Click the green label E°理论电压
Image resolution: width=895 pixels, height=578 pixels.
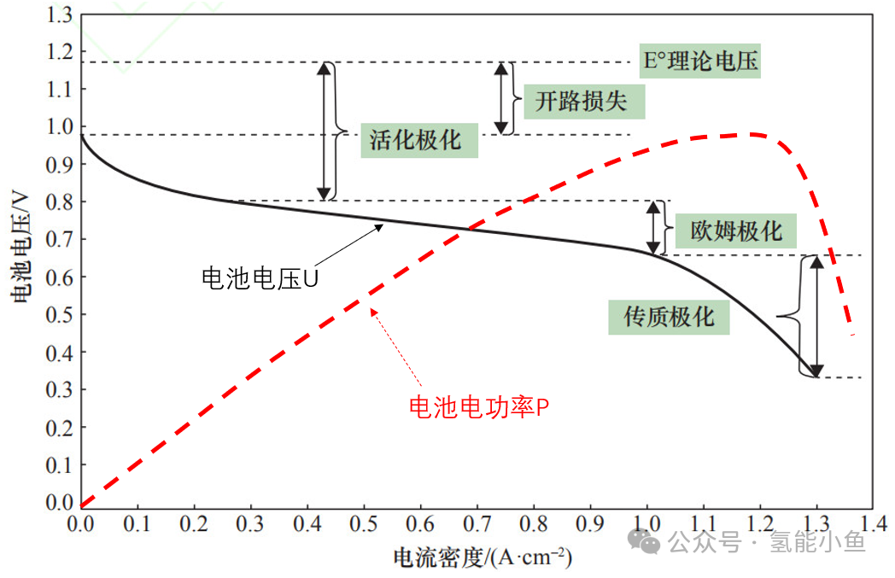click(699, 61)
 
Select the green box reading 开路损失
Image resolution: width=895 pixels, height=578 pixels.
click(584, 102)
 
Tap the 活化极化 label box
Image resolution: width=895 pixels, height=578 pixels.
click(419, 140)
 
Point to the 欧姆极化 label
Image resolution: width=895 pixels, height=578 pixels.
click(736, 231)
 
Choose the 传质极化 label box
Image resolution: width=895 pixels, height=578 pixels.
click(669, 317)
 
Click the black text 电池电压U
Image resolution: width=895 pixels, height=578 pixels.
click(260, 278)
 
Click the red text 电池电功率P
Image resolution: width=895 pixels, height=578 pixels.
click(479, 407)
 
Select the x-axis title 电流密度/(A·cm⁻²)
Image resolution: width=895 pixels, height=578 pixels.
click(483, 557)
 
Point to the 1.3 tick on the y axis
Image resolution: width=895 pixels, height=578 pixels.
click(60, 15)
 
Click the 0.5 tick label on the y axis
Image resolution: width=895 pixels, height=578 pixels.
click(60, 314)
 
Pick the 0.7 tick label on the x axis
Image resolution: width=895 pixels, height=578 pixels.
click(477, 523)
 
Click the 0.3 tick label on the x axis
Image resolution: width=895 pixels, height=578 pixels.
click(250, 523)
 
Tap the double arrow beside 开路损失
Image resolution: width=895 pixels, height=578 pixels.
click(501, 99)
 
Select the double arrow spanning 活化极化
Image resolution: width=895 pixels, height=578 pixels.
click(325, 131)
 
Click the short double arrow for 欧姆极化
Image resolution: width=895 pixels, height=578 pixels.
click(653, 228)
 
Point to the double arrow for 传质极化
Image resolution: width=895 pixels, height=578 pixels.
click(816, 316)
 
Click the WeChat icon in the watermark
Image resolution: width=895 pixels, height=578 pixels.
click(644, 540)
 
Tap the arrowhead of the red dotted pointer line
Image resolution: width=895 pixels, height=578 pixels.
click(373, 312)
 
